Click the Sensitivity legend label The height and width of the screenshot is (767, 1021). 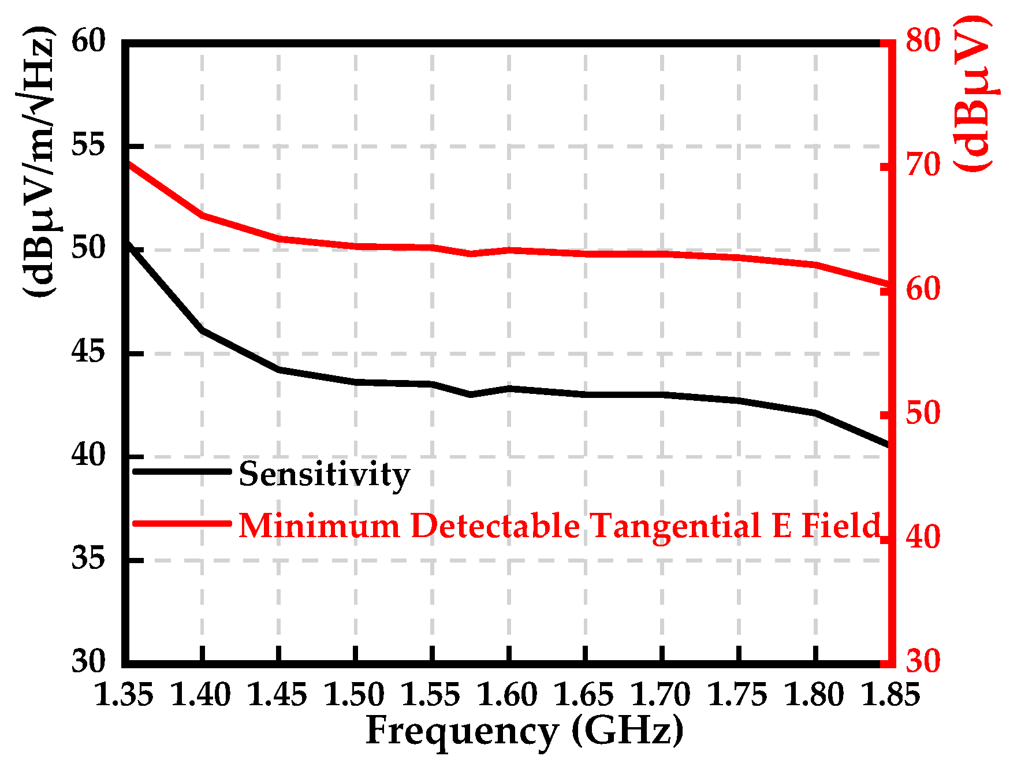coord(324,474)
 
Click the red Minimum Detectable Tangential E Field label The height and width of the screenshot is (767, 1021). coord(559,526)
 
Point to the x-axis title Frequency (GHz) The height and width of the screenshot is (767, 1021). coord(524,730)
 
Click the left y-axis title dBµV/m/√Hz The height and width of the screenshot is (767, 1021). coord(39,162)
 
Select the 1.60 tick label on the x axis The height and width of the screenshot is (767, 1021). coord(508,694)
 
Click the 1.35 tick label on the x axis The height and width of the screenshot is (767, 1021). coord(124,694)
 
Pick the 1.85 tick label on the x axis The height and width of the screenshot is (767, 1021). coord(890,694)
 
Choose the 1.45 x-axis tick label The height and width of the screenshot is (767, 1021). coord(278,694)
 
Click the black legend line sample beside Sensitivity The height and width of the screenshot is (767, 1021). coord(182,471)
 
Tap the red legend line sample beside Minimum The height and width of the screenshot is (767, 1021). coord(182,523)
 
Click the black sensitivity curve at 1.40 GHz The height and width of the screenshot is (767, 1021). coord(202,330)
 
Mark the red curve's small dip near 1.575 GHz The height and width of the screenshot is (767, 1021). coord(471,254)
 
